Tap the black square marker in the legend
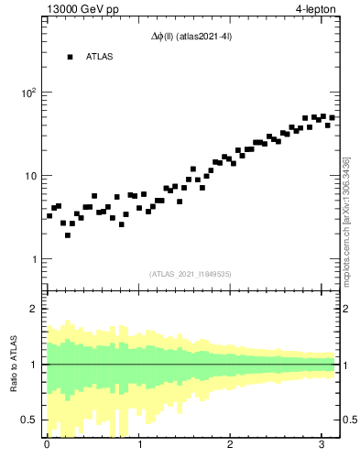coord(70,57)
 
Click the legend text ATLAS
coord(99,57)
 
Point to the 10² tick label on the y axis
coord(27,93)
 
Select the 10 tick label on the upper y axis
coord(29,176)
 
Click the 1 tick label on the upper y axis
coord(32,259)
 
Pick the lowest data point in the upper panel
coord(68,235)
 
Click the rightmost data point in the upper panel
coord(332,118)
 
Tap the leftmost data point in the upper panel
coord(49,216)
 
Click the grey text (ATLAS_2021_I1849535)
coord(191,273)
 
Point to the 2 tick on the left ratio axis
coord(33,309)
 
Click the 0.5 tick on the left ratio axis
coord(28,420)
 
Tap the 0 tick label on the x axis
coord(47,446)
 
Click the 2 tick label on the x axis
coord(230,446)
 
